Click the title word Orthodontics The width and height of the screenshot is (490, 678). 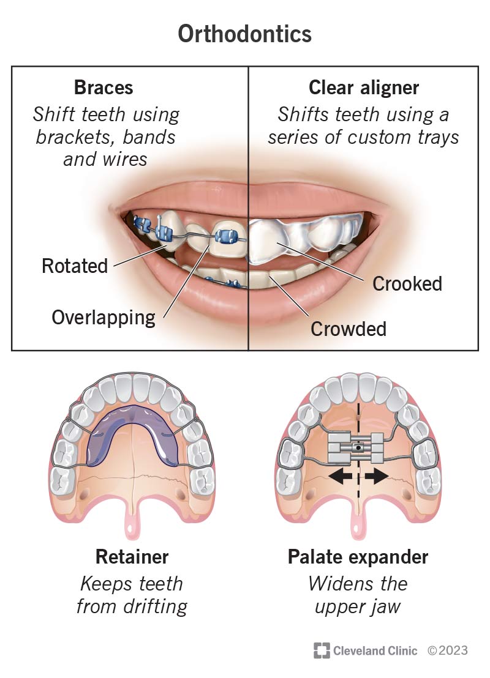coord(244,34)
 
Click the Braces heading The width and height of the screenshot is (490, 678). coord(104,87)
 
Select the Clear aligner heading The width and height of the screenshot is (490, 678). coord(364,87)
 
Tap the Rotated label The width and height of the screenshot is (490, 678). coord(75,266)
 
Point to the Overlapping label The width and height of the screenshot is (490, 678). coord(104,317)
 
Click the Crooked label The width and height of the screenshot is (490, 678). coord(407,283)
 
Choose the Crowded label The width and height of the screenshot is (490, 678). coord(349,329)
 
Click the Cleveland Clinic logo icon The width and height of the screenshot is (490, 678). coord(322,650)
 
